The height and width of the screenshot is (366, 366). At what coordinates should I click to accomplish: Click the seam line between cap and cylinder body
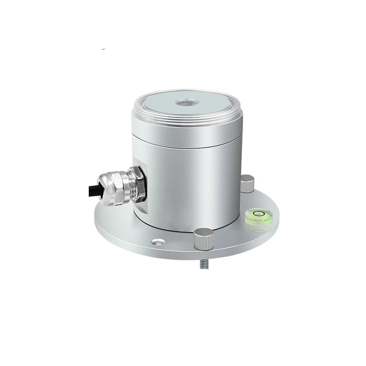pos(192,147)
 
